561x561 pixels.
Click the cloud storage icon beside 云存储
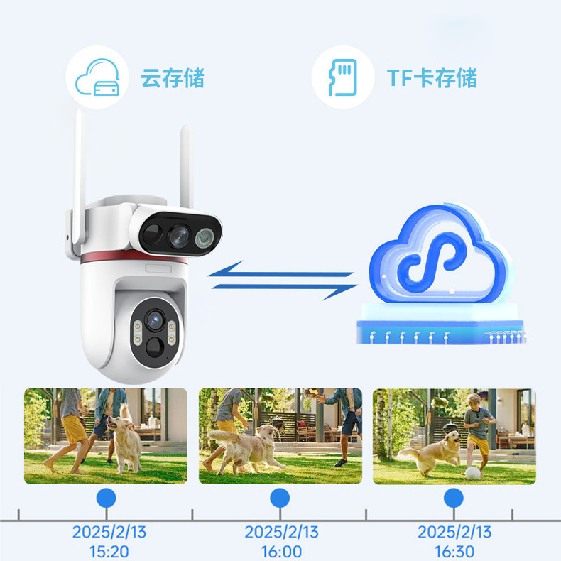tap(97, 77)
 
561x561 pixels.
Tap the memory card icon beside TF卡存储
tap(343, 77)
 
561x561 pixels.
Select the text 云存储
tap(172, 77)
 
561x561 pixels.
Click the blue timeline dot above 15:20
tap(106, 497)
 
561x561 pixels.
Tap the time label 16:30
tap(454, 551)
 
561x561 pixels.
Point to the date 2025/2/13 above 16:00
tap(281, 532)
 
